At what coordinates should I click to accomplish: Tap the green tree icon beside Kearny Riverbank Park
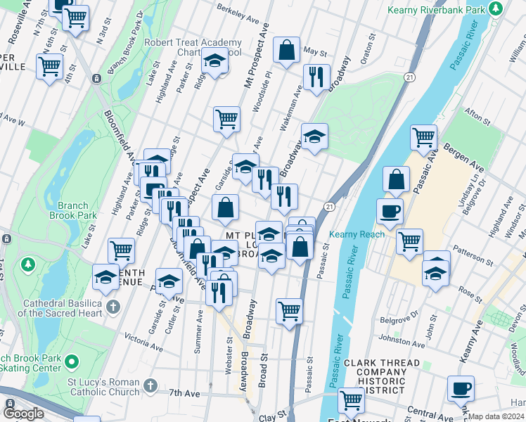[x=496, y=9]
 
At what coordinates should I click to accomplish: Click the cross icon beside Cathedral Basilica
[x=113, y=307]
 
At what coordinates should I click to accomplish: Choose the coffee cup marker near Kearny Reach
[x=390, y=210]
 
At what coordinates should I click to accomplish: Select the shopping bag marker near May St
[x=286, y=50]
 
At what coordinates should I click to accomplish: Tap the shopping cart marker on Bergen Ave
[x=423, y=138]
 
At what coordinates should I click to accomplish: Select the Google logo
[x=24, y=414]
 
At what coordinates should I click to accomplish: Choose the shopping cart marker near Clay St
[x=350, y=401]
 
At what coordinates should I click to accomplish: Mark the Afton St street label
[x=480, y=113]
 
